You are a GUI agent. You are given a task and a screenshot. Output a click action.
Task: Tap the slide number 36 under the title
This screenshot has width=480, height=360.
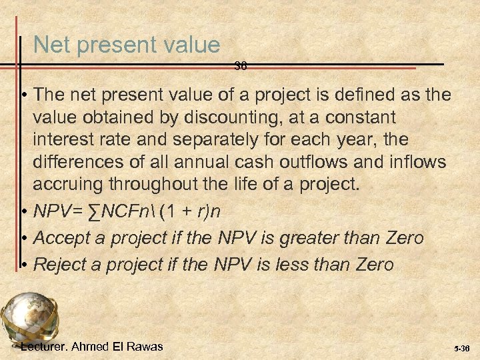[241, 66]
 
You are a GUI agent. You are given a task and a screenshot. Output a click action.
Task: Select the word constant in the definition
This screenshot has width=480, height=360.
[360, 117]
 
